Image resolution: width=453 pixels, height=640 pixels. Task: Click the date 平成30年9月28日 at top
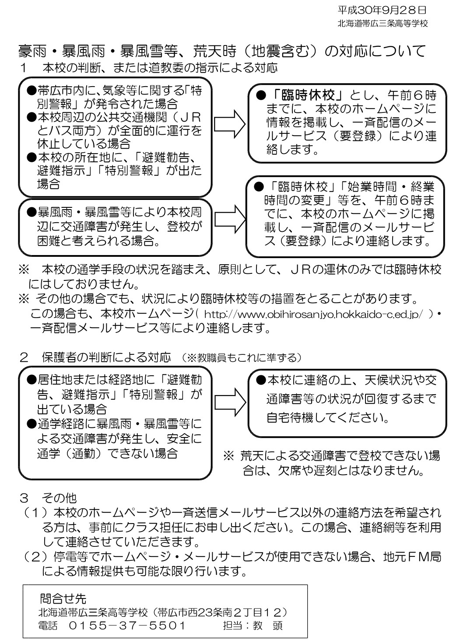tap(382, 10)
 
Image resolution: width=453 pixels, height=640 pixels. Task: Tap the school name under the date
tap(383, 24)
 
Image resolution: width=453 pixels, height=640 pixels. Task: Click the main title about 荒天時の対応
tap(222, 51)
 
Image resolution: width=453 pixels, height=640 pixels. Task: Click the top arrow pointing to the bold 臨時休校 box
tap(230, 124)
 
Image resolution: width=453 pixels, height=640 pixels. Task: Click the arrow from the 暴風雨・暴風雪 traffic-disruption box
tap(230, 219)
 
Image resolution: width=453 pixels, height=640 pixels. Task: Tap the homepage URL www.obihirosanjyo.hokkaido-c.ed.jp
tap(313, 314)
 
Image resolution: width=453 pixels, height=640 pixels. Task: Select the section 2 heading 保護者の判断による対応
tap(106, 357)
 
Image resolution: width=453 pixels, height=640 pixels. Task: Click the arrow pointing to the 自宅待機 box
tap(230, 402)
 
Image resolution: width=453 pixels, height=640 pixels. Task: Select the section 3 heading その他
tap(59, 498)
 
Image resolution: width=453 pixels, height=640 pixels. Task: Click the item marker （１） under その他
tap(35, 513)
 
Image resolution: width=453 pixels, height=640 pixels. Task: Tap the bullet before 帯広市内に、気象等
tap(31, 91)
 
